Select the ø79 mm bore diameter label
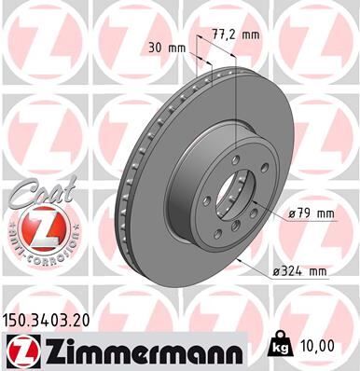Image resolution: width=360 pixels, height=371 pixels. point(312,214)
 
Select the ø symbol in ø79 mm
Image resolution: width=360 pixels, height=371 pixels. point(292,214)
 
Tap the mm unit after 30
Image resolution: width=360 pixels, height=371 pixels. point(177,47)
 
